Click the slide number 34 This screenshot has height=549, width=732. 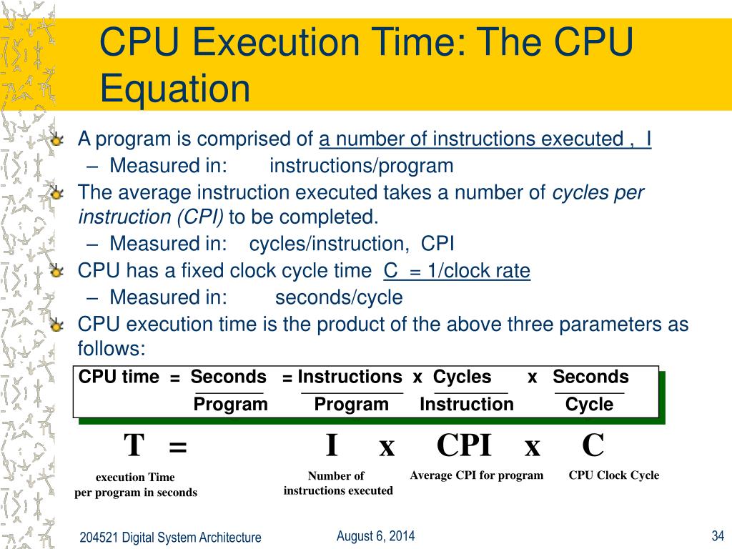coord(718,536)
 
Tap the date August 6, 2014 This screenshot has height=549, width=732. coord(375,536)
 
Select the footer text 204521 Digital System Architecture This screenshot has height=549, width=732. coord(170,538)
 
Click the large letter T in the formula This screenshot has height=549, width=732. coord(134,446)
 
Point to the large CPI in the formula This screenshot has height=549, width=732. coord(464,446)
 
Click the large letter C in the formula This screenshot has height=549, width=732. coord(593,446)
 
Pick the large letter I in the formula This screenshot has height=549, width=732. coord(331,446)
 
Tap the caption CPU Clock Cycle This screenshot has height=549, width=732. coord(614,475)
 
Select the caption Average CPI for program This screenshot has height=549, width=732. coord(477,475)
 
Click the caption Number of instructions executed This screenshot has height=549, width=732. coord(337,483)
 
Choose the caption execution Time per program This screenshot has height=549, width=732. coord(136,485)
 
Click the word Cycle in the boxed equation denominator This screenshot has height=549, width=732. coord(589,405)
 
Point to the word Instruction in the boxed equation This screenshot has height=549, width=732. coord(467,405)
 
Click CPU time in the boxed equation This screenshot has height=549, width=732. coord(119,377)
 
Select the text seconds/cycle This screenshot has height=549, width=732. coord(339,297)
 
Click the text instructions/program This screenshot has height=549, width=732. coord(362,166)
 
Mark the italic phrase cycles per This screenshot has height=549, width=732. coord(598,192)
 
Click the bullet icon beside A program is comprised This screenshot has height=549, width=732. coord(58,139)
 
